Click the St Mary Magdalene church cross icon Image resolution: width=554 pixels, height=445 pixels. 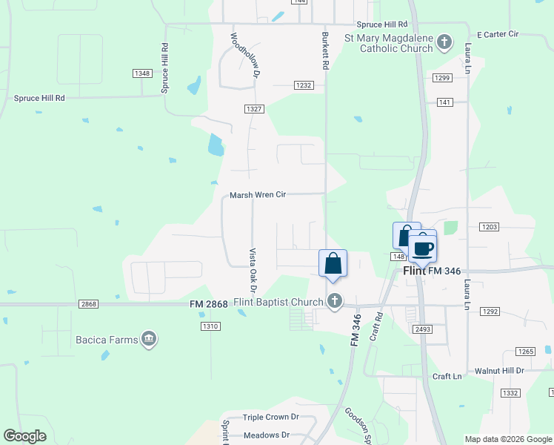tap(444, 42)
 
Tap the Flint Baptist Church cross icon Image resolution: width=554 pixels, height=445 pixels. tap(335, 301)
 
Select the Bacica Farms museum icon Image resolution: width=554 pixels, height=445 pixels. tap(149, 340)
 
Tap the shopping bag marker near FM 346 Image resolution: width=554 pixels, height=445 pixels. tap(333, 263)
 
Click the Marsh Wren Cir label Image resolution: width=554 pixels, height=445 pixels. tap(257, 195)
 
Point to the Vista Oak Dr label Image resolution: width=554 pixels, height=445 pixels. tap(253, 270)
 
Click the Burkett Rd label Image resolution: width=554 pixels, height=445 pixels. tap(324, 50)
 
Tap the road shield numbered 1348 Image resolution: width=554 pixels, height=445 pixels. tap(142, 73)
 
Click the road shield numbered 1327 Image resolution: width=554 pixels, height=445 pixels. tap(254, 108)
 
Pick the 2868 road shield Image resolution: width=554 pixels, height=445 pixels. tap(88, 305)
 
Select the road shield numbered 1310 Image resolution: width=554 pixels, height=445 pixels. tap(210, 326)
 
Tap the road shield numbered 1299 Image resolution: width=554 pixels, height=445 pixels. tap(442, 78)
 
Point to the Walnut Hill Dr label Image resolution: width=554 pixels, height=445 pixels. tap(499, 370)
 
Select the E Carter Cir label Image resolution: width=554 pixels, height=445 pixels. tap(498, 35)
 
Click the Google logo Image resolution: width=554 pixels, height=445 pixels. tap(24, 436)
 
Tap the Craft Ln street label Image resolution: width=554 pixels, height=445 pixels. tap(447, 377)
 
